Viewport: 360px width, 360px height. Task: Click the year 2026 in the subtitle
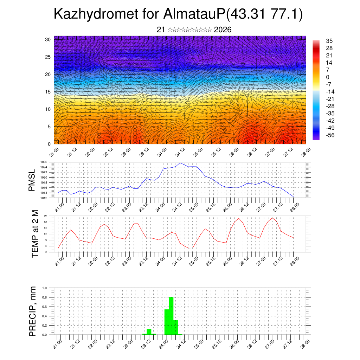click(x=223, y=30)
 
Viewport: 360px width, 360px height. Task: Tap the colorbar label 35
click(x=329, y=41)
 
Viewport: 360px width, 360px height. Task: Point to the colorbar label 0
click(x=328, y=77)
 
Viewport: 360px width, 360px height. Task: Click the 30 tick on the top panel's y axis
click(x=48, y=39)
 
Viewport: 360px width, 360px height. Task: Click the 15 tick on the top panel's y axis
click(x=48, y=92)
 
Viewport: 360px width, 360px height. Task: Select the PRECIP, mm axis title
click(x=33, y=311)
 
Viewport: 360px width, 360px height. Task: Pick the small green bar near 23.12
click(x=149, y=332)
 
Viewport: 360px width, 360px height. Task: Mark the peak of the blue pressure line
click(x=180, y=163)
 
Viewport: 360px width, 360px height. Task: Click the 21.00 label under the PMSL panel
click(x=58, y=206)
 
